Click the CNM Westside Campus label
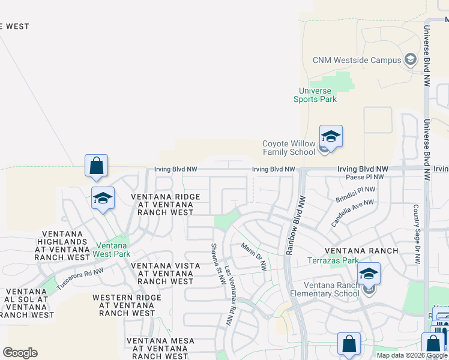[357, 60]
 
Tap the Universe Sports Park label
[315, 95]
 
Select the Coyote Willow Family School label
[289, 148]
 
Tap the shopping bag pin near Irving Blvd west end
[97, 166]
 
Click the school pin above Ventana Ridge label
[103, 198]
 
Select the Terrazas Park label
[333, 260]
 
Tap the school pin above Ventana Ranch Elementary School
[369, 274]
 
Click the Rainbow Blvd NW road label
[294, 225]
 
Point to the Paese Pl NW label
[365, 178]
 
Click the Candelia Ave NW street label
[352, 214]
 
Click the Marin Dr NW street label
[253, 256]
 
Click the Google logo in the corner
[20, 353]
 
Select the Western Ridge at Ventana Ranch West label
[127, 305]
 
